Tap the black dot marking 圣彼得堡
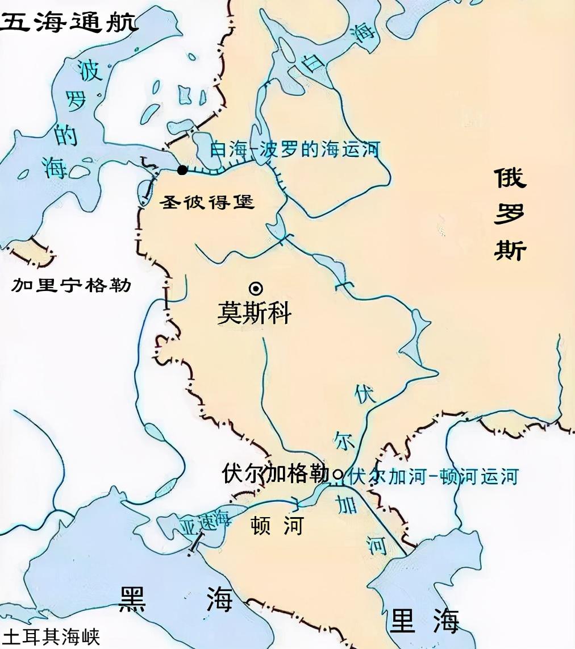[x=182, y=170]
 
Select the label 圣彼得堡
[x=208, y=201]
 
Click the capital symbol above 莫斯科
[x=256, y=288]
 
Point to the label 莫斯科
[x=255, y=313]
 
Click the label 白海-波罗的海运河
[x=294, y=150]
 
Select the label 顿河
[x=277, y=526]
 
